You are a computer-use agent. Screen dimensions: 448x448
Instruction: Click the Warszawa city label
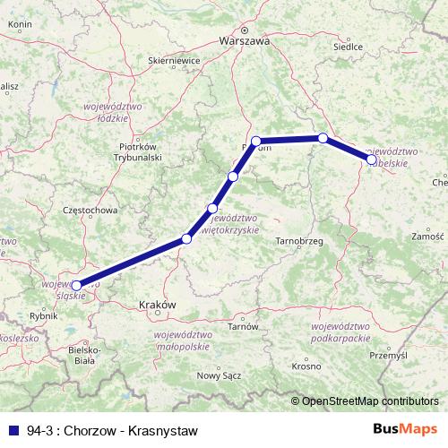(244, 40)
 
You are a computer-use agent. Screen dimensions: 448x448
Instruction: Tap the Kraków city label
(158, 305)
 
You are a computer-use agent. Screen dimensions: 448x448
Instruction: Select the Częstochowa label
(86, 211)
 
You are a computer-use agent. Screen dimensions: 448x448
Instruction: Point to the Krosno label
(306, 366)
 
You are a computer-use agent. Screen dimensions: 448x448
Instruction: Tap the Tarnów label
(243, 326)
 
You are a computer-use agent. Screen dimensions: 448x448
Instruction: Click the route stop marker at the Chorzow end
(77, 286)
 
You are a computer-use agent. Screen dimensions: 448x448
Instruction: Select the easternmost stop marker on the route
(372, 159)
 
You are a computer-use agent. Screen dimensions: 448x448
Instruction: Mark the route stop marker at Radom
(256, 141)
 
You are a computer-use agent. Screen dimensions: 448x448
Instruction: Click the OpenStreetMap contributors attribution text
(370, 401)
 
